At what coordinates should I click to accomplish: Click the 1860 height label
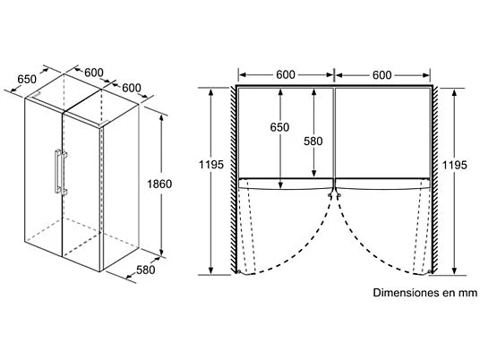[x=159, y=184]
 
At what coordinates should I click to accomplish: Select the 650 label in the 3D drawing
[x=27, y=80]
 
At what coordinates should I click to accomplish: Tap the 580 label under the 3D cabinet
[x=146, y=270]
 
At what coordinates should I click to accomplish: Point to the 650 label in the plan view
[x=279, y=127]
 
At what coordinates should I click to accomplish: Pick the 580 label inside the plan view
[x=313, y=141]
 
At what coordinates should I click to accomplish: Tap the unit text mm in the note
[x=467, y=293]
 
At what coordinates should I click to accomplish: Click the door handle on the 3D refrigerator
[x=60, y=172]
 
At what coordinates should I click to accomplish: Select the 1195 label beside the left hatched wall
[x=211, y=165]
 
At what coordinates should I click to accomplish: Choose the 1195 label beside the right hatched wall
[x=455, y=166]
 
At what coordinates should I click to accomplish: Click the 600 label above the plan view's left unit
[x=286, y=74]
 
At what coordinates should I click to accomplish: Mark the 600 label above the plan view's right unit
[x=382, y=74]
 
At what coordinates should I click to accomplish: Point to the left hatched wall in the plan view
[x=233, y=180]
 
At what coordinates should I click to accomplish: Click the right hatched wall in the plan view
[x=435, y=180]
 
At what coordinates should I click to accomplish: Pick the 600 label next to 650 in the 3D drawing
[x=94, y=73]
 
